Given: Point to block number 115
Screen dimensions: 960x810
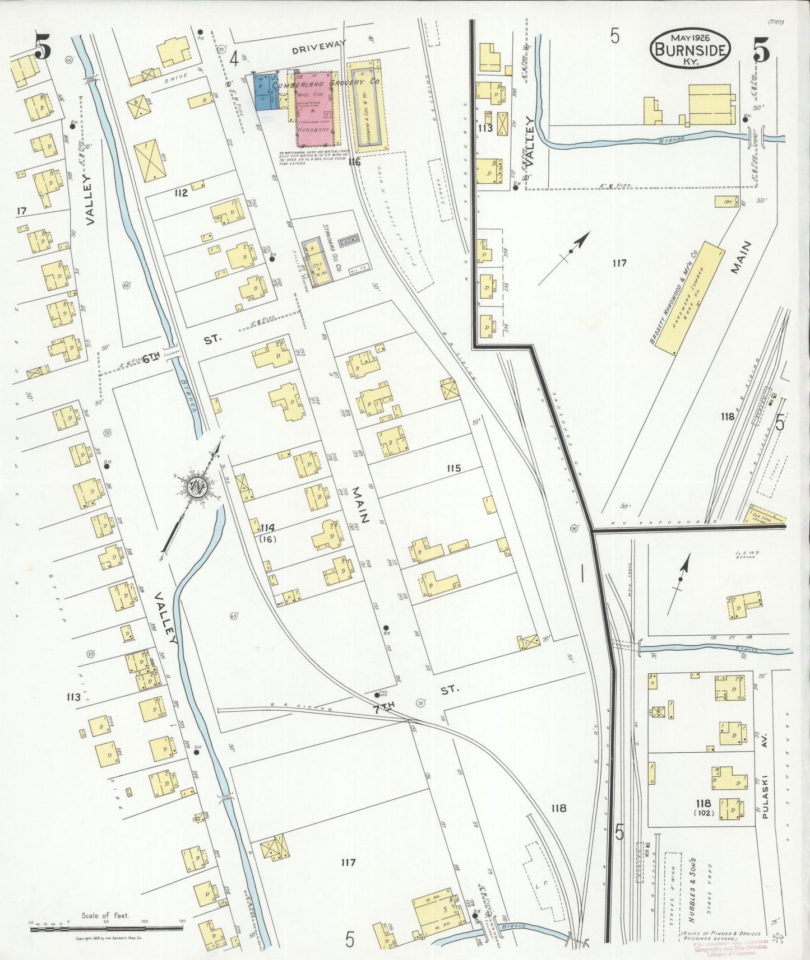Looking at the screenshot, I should tap(453, 468).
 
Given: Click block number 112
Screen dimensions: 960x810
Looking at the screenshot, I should tap(180, 194).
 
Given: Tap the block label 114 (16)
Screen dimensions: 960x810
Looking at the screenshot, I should tap(267, 532).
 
